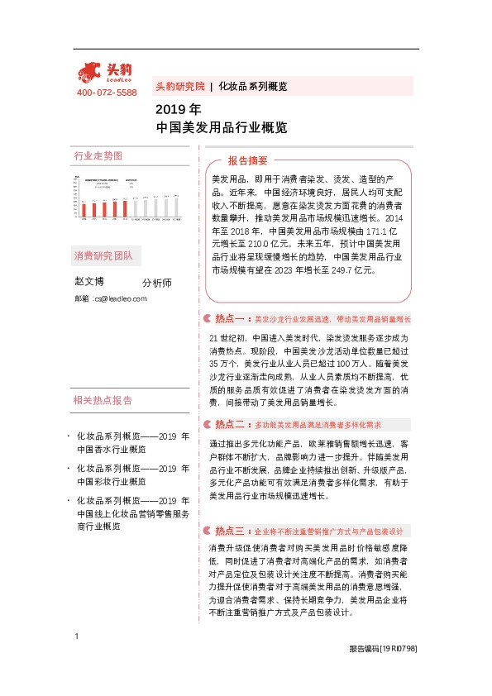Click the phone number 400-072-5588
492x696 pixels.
click(x=107, y=93)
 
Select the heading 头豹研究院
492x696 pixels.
click(x=179, y=86)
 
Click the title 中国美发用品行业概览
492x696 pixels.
click(x=222, y=128)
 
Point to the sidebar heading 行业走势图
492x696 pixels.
click(x=98, y=155)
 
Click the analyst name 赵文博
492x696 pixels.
click(x=90, y=282)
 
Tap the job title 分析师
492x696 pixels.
click(x=156, y=283)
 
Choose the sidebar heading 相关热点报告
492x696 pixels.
click(x=103, y=401)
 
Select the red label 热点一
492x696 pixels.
click(x=227, y=318)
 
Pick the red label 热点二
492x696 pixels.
click(x=227, y=424)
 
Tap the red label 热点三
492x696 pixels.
click(x=227, y=531)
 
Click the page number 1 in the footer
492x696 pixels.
click(x=76, y=659)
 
